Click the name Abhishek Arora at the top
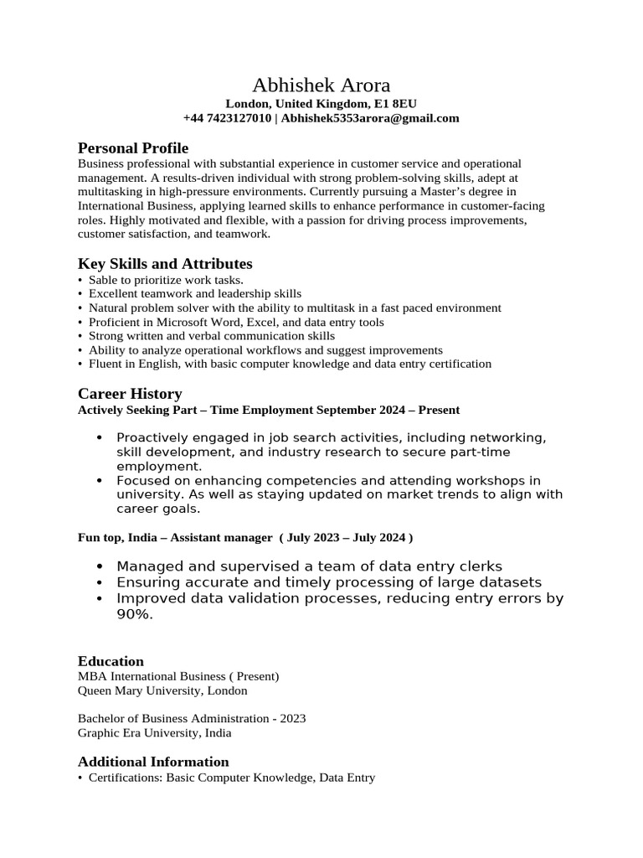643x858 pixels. [321, 85]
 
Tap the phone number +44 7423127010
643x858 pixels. [227, 118]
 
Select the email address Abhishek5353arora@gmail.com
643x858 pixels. [370, 118]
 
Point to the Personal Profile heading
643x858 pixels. [133, 147]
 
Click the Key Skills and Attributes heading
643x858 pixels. [165, 263]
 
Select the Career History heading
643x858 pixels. [130, 393]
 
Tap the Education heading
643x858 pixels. [111, 661]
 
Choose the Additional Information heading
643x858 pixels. [153, 762]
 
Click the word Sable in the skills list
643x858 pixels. [104, 280]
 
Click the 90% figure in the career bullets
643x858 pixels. [135, 614]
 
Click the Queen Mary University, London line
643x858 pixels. [162, 691]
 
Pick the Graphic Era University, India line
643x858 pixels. [155, 733]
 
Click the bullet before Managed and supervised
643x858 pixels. [100, 566]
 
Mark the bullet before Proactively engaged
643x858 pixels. [100, 437]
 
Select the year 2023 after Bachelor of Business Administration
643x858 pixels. [293, 719]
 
